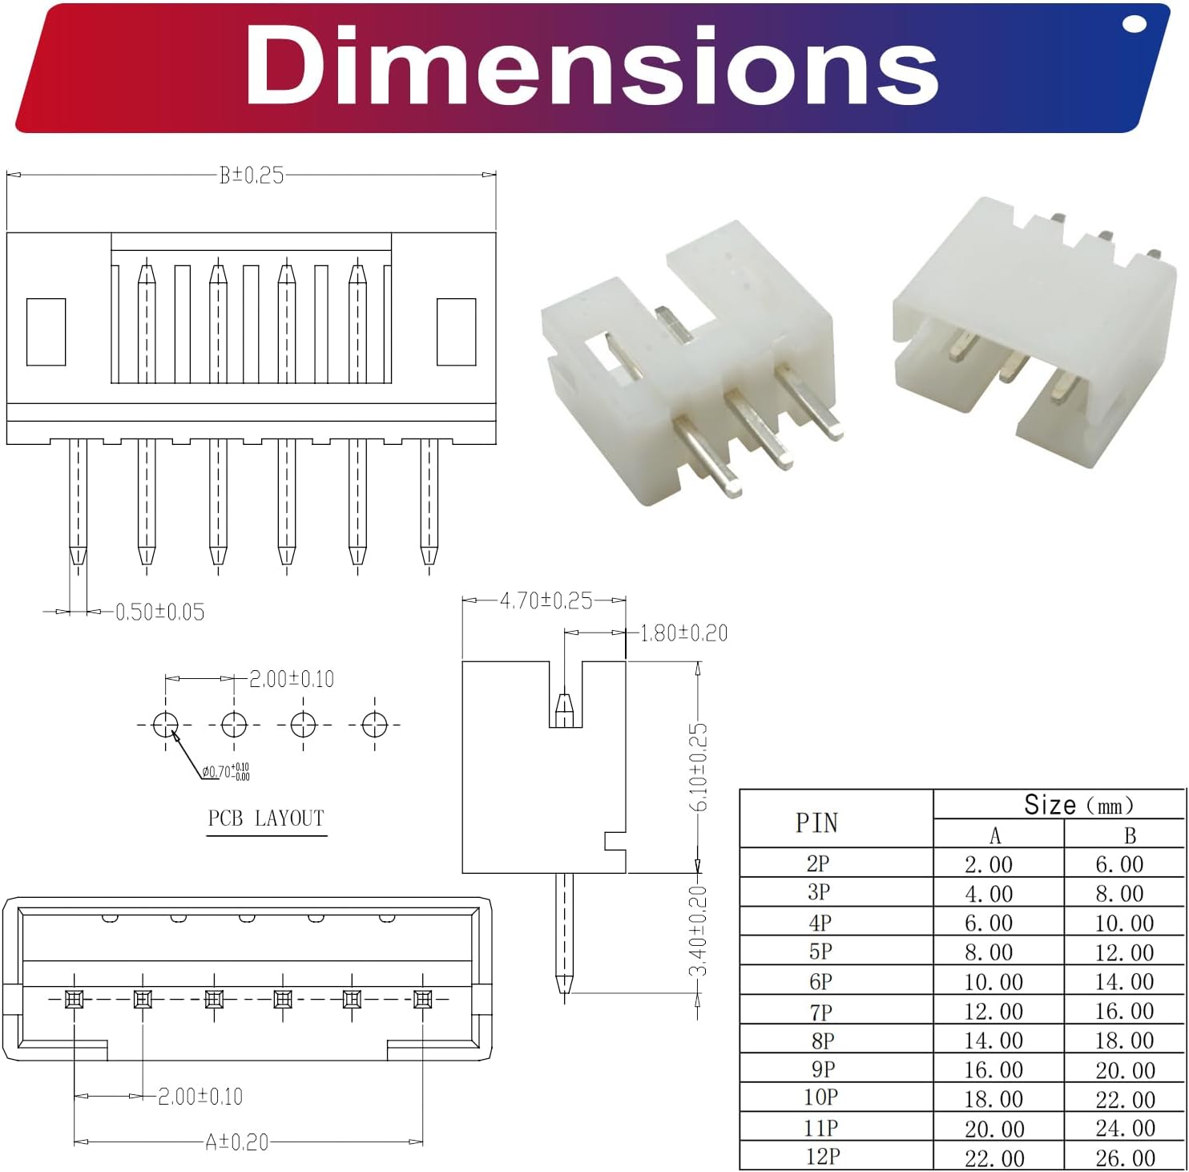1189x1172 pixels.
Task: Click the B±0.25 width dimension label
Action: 252,176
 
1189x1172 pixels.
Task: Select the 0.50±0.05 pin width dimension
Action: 159,612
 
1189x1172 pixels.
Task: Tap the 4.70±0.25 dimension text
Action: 546,600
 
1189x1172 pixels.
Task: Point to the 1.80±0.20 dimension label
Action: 683,633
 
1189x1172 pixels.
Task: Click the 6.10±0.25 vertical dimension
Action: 699,766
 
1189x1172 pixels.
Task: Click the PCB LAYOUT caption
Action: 266,818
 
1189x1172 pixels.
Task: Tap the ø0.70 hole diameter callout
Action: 225,772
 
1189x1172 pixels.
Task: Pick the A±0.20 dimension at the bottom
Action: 237,1142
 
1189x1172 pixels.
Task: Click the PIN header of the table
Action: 816,822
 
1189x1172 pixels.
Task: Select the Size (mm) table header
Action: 1078,805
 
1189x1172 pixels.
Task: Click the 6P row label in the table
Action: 820,982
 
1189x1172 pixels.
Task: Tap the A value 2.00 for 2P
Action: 989,865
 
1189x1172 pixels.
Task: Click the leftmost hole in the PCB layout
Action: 165,725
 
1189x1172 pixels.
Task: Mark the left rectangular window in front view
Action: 46,332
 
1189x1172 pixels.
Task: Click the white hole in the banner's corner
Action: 1135,23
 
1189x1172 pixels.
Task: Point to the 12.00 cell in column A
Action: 994,1012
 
